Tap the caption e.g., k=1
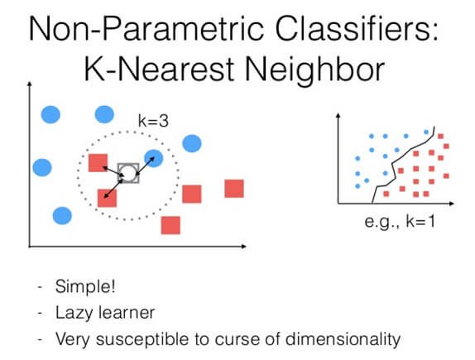click(x=401, y=221)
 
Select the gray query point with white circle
click(x=127, y=173)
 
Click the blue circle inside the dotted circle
click(x=153, y=157)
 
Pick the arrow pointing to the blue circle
click(x=142, y=164)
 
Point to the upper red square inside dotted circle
click(x=98, y=163)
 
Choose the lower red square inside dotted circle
click(x=107, y=198)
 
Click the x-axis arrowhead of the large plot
click(x=250, y=246)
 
